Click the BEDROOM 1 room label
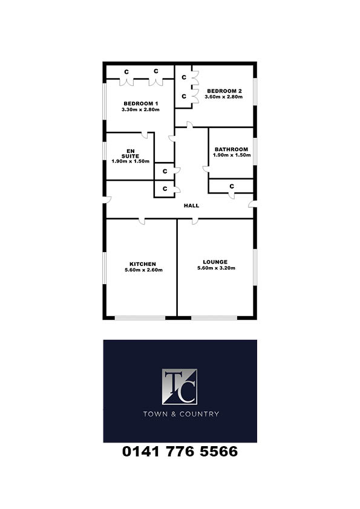click(x=141, y=103)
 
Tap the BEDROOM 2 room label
click(x=224, y=91)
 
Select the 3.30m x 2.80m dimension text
click(x=141, y=110)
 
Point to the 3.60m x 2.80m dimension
click(x=223, y=97)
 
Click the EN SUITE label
click(x=130, y=154)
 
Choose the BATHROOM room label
click(x=231, y=149)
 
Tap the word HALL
click(x=191, y=206)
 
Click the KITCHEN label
click(x=143, y=264)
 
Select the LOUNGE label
click(x=215, y=262)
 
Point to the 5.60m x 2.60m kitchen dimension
click(x=143, y=270)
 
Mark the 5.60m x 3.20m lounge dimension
click(x=217, y=268)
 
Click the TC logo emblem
click(x=180, y=387)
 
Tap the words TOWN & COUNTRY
click(x=181, y=414)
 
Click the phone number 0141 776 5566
click(x=180, y=452)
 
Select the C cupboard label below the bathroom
click(x=232, y=186)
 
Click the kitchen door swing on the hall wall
click(x=142, y=221)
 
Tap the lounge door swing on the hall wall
click(x=195, y=221)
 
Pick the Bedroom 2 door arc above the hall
click(x=189, y=125)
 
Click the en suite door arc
click(x=144, y=135)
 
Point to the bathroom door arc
click(x=206, y=169)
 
